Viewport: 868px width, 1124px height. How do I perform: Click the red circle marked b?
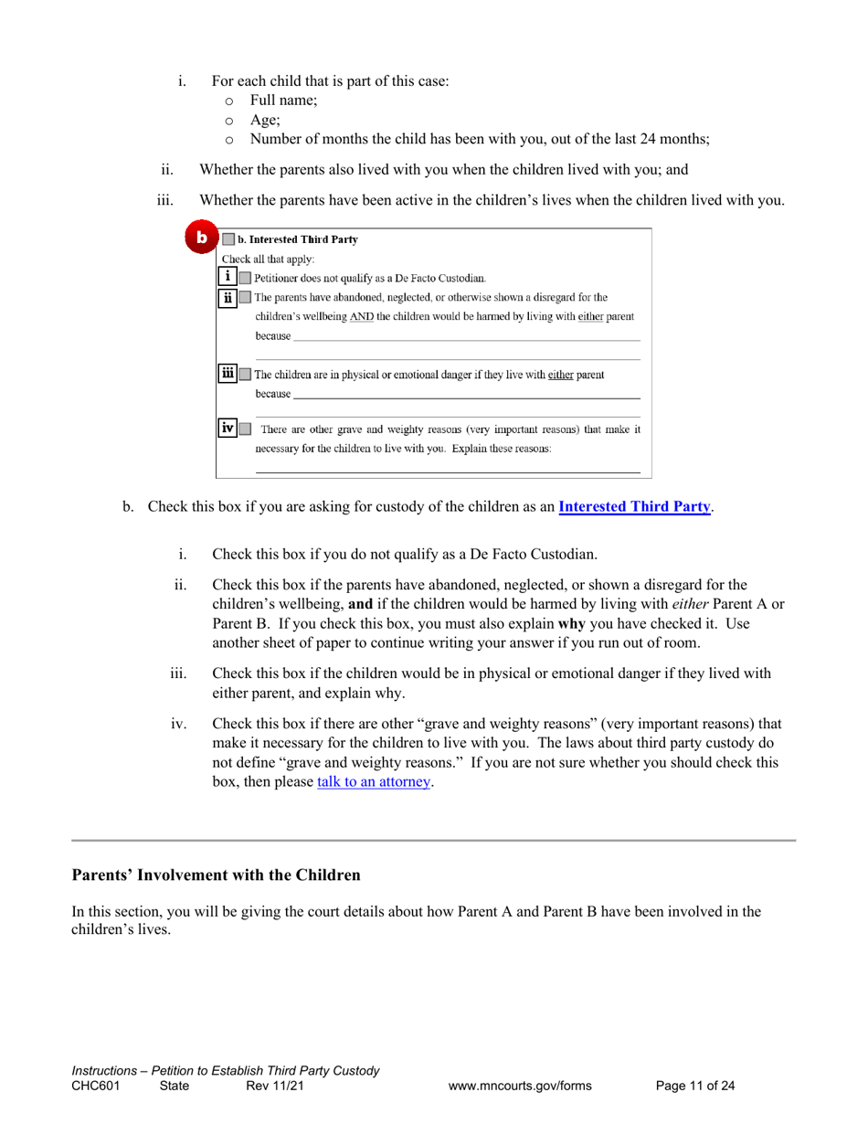click(201, 238)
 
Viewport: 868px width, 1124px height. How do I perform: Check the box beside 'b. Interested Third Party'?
click(228, 240)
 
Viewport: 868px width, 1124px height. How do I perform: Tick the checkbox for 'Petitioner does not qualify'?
click(245, 278)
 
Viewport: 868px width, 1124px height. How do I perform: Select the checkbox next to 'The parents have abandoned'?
click(245, 298)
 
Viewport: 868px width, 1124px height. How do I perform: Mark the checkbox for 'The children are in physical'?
click(245, 375)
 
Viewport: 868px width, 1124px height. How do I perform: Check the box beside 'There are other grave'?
click(245, 429)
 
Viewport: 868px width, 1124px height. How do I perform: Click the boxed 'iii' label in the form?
click(228, 373)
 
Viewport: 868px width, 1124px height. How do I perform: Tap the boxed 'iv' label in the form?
click(228, 428)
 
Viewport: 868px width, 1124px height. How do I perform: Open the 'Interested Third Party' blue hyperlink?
click(634, 506)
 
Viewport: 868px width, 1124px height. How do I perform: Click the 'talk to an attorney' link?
click(373, 782)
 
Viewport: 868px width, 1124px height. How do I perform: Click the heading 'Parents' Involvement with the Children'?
click(216, 875)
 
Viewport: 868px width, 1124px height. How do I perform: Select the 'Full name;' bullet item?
click(283, 101)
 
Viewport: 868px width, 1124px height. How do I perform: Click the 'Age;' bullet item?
click(265, 120)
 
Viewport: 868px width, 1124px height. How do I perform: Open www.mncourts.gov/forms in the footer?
click(520, 1087)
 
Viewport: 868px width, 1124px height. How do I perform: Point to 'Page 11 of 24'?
click(695, 1087)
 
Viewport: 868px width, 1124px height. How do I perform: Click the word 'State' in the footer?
click(175, 1087)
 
